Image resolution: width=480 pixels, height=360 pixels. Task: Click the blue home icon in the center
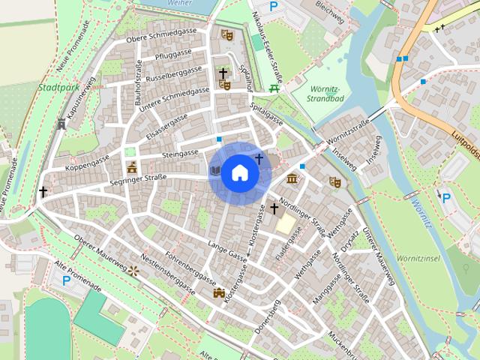(239, 173)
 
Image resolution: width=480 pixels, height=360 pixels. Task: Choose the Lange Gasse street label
(226, 249)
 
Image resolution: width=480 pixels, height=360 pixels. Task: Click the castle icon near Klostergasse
(219, 293)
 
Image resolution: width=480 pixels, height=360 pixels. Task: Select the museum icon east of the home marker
(292, 178)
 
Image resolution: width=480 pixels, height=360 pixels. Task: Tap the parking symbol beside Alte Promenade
(66, 280)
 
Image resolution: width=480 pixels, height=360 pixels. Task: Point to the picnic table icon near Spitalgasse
(274, 88)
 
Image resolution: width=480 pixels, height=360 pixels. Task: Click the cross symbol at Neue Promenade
(43, 192)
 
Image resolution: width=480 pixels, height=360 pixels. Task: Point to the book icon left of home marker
(215, 171)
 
